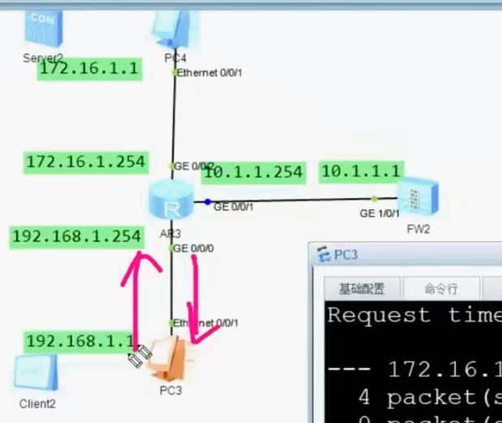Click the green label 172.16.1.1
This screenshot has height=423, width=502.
[89, 70]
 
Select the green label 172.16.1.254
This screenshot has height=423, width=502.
[85, 162]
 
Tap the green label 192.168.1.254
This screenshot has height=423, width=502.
[77, 236]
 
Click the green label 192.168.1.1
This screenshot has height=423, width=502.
[79, 341]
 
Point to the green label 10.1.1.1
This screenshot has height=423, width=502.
[361, 171]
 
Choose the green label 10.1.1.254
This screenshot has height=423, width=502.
[254, 172]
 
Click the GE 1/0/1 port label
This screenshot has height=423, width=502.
[379, 213]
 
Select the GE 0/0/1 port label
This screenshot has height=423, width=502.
[234, 207]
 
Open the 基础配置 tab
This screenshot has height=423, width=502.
[361, 288]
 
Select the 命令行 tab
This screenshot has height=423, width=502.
[441, 288]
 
